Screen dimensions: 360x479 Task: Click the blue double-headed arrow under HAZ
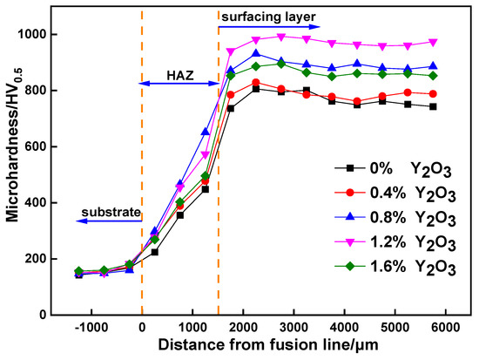(179, 84)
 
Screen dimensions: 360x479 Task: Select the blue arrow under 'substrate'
(106, 221)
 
